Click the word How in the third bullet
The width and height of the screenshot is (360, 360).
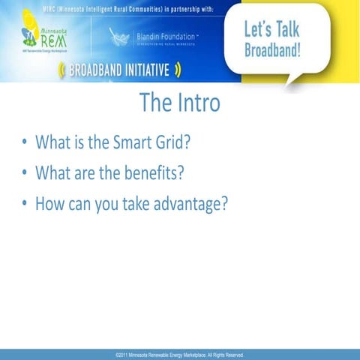[49, 203]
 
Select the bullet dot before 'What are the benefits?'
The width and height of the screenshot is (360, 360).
[25, 173]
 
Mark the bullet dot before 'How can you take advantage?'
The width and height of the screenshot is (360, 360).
[25, 204]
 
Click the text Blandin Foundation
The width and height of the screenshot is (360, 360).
[165, 36]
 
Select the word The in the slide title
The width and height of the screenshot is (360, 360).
[153, 103]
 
